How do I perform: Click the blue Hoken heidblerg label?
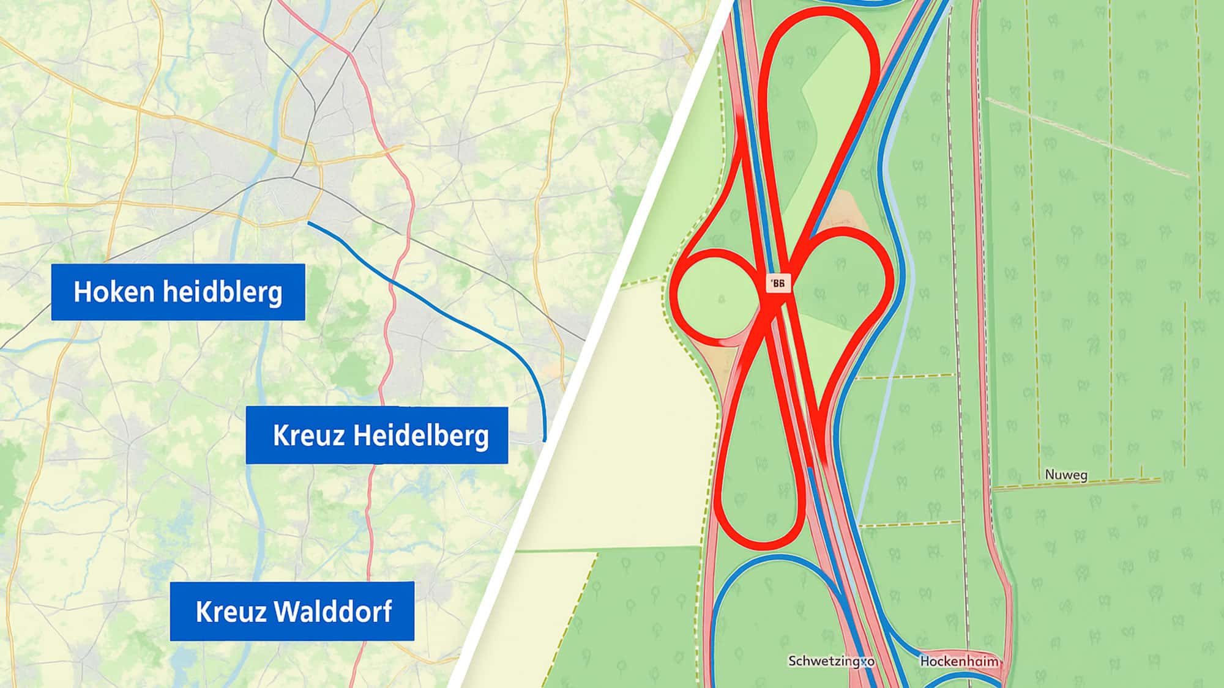click(177, 292)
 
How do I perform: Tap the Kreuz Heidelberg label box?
click(376, 435)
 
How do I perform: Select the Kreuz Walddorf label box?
click(292, 611)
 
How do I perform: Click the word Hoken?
click(113, 292)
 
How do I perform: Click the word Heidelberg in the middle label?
click(422, 435)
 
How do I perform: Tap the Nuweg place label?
click(1065, 475)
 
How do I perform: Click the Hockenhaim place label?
click(959, 661)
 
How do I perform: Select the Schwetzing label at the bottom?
click(830, 661)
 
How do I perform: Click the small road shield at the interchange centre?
click(778, 283)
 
